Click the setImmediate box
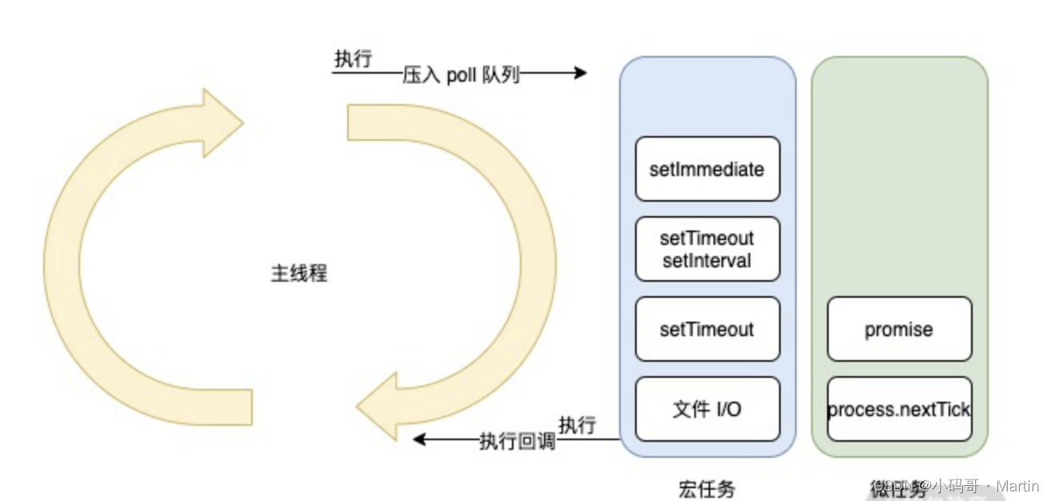pos(707,169)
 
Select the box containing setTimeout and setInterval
pos(707,249)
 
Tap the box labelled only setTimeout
pos(707,329)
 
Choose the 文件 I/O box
pos(707,409)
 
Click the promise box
pos(899,329)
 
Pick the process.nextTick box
pos(899,409)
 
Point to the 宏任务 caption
pos(706,487)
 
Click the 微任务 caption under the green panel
pos(889,487)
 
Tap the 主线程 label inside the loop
pos(299,273)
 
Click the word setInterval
pos(707,260)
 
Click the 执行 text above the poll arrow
pos(353,59)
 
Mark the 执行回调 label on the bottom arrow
pos(518,440)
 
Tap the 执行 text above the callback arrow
pos(577,425)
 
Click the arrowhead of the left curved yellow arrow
pos(220,122)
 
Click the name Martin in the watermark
pos(1018,486)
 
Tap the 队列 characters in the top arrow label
pos(502,74)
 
